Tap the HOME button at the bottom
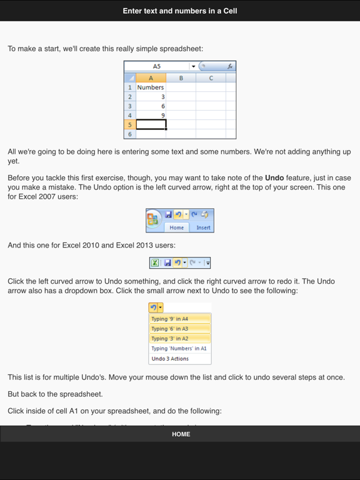pos(181,434)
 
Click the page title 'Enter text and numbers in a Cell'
pos(180,11)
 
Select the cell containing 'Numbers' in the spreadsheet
pos(151,87)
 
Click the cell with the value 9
pos(151,116)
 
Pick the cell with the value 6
pos(151,106)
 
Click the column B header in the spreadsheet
pos(181,78)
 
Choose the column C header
pos(211,78)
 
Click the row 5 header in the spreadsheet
pos(130,125)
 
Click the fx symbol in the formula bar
pos(229,66)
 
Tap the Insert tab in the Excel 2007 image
pos(203,227)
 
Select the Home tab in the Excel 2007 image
pos(177,227)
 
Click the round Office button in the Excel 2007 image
pos(153,220)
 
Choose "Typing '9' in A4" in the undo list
pos(180,319)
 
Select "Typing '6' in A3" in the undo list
pos(180,329)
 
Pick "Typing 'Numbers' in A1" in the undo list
pos(180,349)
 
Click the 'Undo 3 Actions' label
pos(170,359)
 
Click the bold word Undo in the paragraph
pos(275,178)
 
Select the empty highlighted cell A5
pos(151,125)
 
